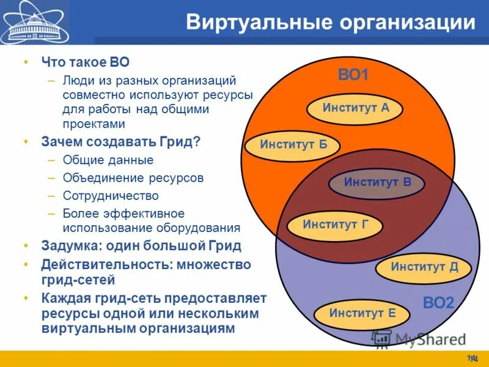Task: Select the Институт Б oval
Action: [292, 145]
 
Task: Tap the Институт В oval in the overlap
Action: [377, 182]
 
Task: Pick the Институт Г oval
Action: [334, 224]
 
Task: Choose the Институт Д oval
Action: [424, 267]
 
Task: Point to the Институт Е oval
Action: [362, 314]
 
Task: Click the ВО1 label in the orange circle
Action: [353, 76]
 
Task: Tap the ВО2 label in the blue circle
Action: [438, 302]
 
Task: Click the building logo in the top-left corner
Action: [34, 23]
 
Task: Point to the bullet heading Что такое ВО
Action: [85, 62]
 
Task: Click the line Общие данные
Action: [108, 160]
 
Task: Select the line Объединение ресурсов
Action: [133, 178]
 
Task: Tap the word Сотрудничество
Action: [111, 196]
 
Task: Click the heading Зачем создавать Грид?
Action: [120, 141]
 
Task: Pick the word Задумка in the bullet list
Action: [71, 246]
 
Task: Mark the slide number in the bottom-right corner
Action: [472, 358]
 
